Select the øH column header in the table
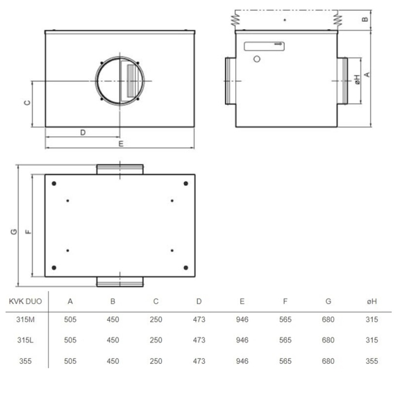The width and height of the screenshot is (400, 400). click(372, 301)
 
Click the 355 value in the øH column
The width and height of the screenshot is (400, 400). click(372, 361)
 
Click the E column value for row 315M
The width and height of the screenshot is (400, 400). click(242, 321)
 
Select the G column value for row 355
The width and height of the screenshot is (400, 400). click(328, 361)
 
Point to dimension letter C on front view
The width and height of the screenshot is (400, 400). click(27, 103)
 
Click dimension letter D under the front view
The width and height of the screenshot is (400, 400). click(82, 132)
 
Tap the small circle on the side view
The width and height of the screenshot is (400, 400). click(258, 59)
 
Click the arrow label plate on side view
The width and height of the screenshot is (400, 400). click(265, 45)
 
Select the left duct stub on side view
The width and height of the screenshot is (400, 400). click(230, 79)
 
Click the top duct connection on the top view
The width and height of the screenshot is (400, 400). click(120, 169)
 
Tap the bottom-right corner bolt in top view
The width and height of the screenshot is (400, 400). click(185, 268)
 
